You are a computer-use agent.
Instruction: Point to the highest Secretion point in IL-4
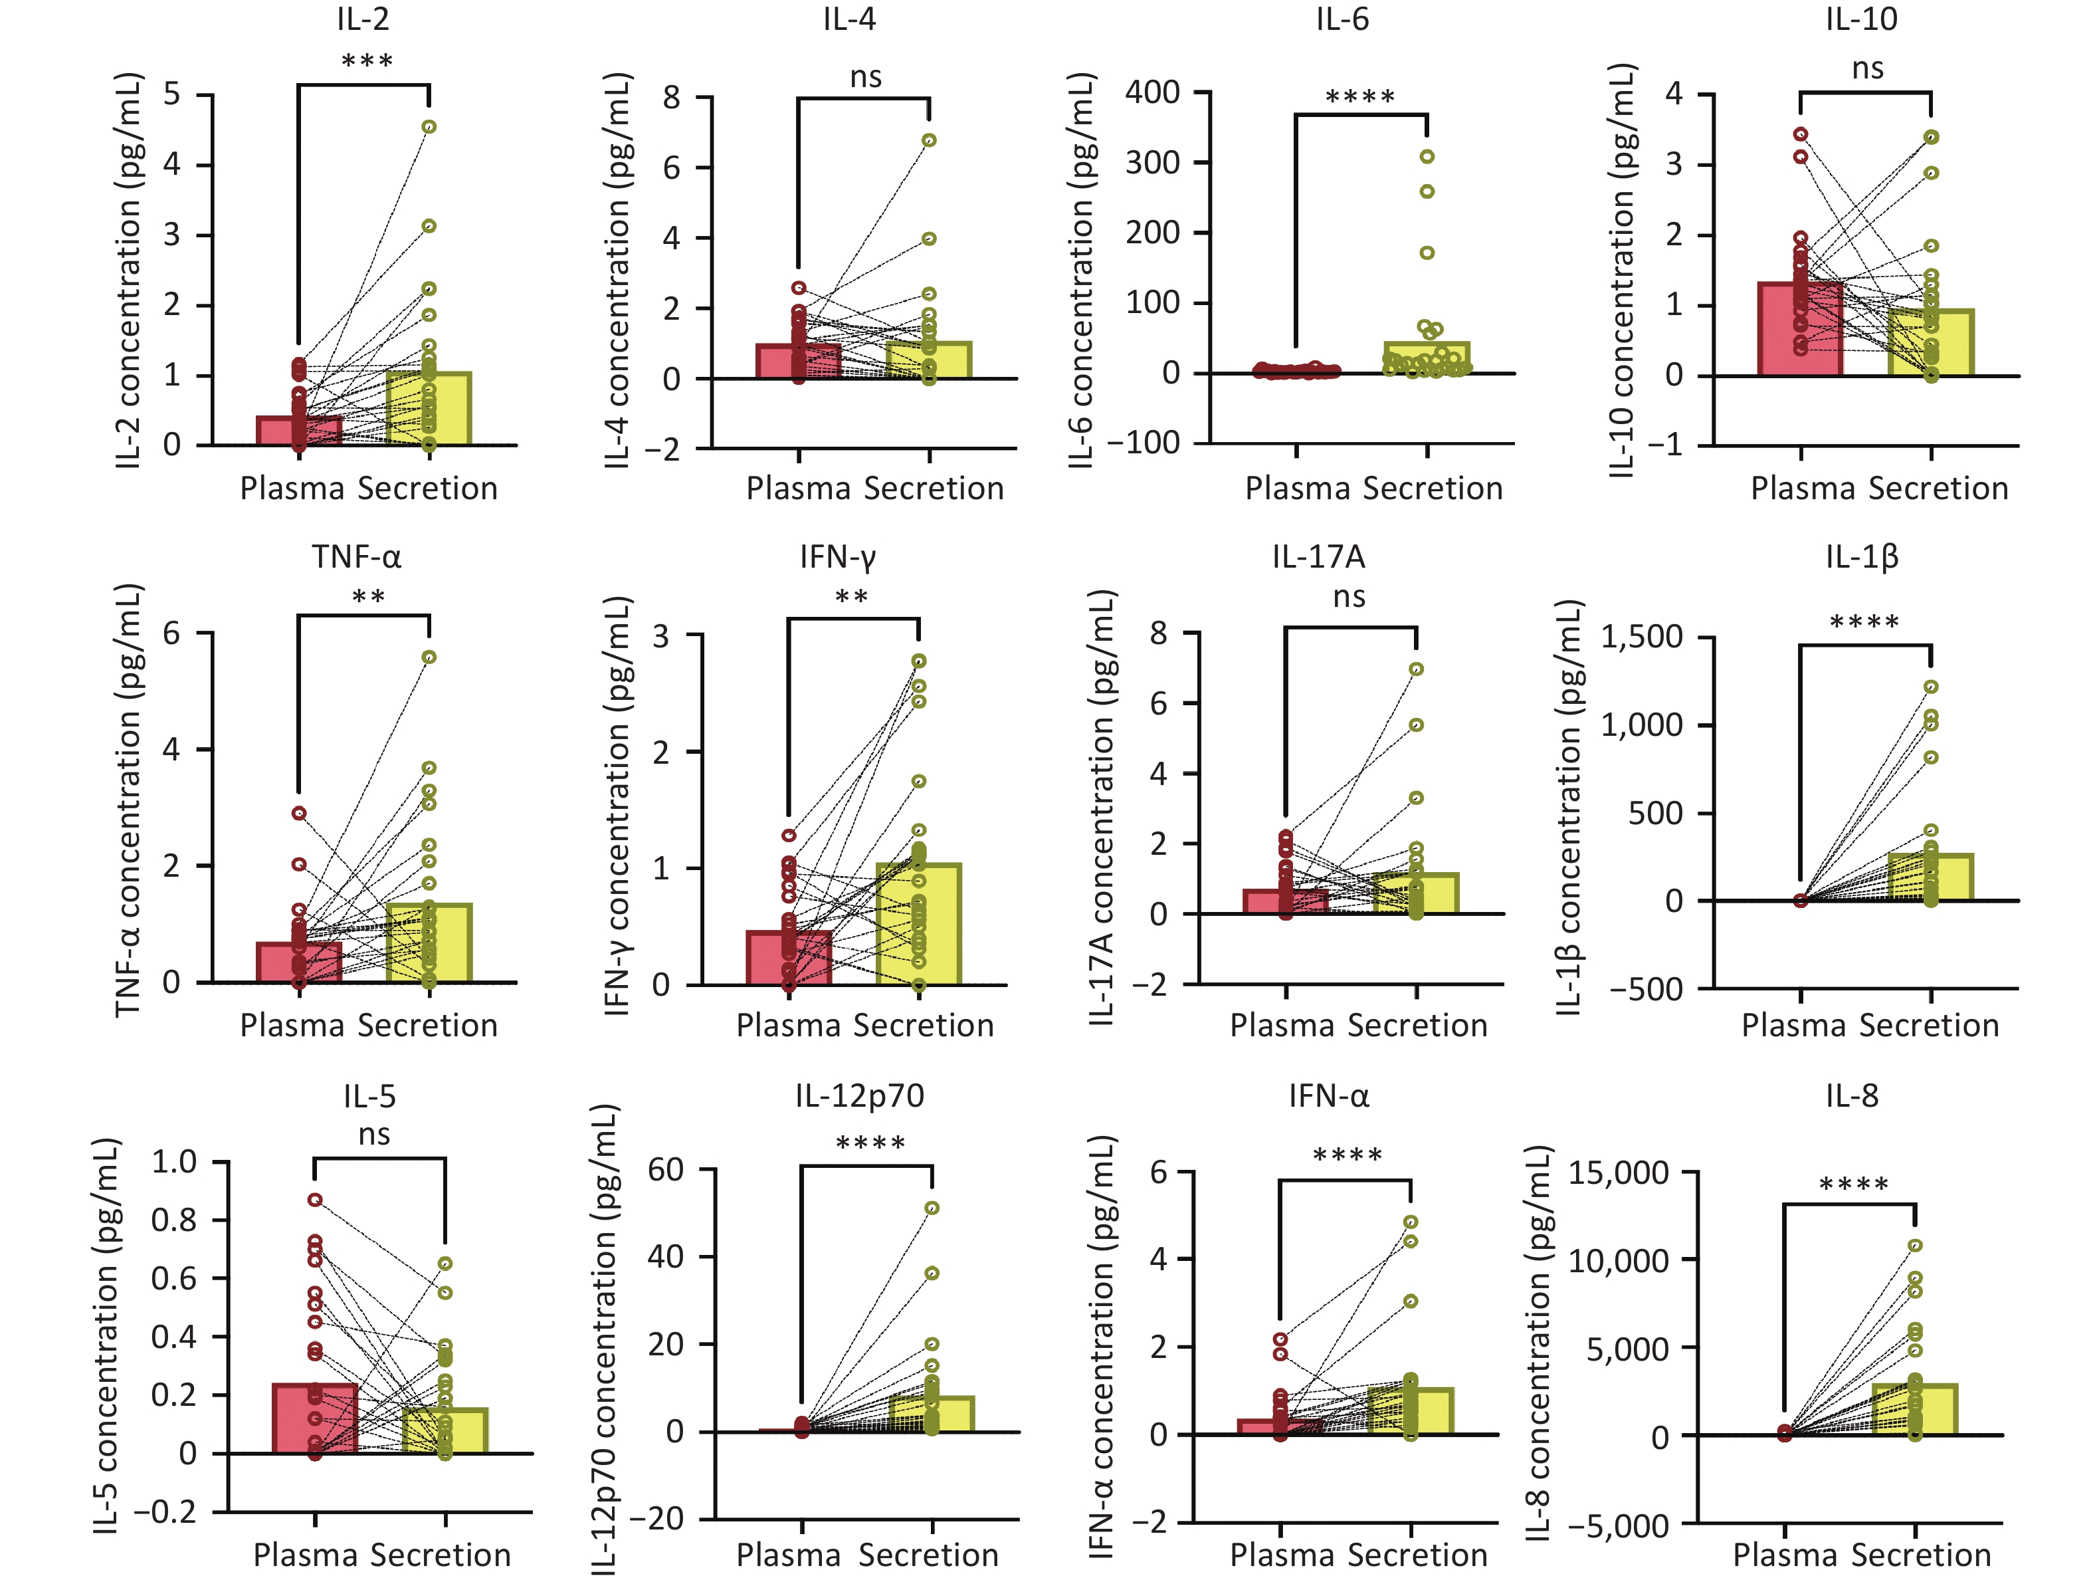coord(929,140)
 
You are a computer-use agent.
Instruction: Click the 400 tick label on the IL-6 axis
coord(1152,92)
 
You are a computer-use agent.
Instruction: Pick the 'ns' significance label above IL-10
coord(1867,68)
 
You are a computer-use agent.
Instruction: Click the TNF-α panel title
coord(357,556)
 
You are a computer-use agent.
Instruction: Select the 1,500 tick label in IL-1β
coord(1642,636)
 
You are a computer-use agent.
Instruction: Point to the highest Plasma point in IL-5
coord(315,1199)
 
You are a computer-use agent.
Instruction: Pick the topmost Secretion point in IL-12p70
coord(932,1208)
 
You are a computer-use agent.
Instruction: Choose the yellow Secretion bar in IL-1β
coord(1931,877)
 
